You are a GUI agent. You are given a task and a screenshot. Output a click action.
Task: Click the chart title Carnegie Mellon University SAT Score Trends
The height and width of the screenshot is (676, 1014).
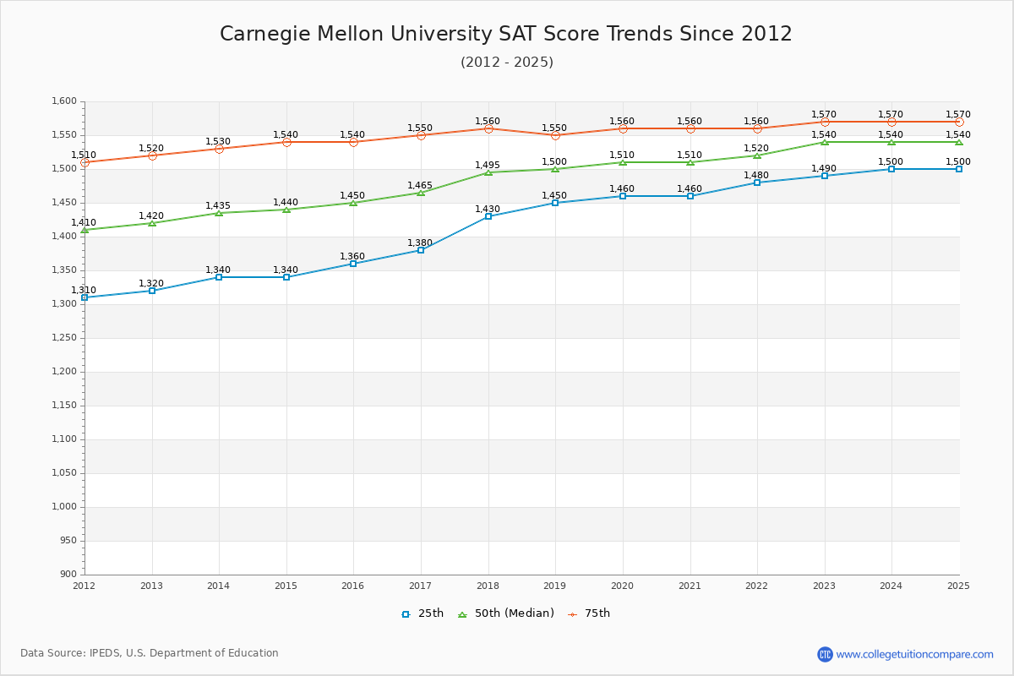point(506,34)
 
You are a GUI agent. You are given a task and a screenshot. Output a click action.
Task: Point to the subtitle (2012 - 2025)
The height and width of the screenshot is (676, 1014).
point(506,62)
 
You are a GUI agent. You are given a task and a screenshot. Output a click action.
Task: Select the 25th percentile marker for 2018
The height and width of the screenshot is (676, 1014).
point(488,216)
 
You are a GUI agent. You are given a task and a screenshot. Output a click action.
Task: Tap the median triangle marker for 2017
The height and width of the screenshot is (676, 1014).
point(421,193)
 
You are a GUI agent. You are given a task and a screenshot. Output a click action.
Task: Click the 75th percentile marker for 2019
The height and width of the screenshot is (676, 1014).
point(555,135)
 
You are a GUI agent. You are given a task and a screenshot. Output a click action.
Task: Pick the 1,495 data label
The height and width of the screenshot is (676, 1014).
point(488,166)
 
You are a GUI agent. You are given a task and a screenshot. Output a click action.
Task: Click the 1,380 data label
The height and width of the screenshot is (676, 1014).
point(420,243)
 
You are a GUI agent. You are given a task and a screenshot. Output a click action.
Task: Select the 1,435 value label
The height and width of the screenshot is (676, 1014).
point(218,206)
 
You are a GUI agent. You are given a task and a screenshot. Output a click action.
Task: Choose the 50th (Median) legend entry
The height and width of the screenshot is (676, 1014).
point(506,613)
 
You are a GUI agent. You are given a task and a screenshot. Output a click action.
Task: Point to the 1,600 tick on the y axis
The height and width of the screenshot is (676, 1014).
point(64,101)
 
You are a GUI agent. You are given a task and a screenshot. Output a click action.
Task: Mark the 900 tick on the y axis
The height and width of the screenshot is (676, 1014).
point(69,575)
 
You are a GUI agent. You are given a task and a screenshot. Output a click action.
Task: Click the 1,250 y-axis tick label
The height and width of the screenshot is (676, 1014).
point(64,338)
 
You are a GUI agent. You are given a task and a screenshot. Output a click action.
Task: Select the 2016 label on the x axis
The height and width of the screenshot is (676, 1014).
point(353,586)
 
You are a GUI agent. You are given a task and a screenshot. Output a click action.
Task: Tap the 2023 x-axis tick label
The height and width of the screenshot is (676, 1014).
point(824,586)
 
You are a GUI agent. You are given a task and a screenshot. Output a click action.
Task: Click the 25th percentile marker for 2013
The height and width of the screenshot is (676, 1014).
point(152,291)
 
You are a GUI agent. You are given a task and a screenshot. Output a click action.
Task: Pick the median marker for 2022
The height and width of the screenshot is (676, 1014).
point(757,155)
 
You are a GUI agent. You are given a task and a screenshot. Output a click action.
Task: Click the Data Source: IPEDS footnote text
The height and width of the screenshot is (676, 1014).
point(150,653)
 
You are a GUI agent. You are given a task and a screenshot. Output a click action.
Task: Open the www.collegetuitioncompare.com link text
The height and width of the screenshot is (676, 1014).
point(914,654)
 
